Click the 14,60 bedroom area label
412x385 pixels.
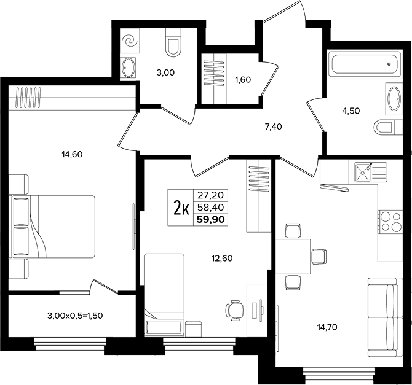click(x=72, y=154)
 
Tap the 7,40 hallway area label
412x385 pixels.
click(x=273, y=127)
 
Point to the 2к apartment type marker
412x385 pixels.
click(x=181, y=208)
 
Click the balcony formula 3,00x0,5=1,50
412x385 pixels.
click(x=75, y=316)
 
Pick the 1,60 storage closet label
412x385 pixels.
click(x=243, y=80)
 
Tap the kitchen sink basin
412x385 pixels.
click(x=363, y=172)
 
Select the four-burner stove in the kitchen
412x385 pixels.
click(x=390, y=222)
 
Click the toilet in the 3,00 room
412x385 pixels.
click(x=173, y=42)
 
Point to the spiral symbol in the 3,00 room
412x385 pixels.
click(x=130, y=42)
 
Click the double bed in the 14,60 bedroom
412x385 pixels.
click(x=52, y=227)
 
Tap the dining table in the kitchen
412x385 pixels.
click(x=293, y=257)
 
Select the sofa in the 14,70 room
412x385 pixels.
click(x=385, y=317)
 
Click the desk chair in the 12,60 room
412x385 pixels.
click(x=235, y=310)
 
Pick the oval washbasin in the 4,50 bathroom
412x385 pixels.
click(x=394, y=99)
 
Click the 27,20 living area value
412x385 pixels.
click(x=211, y=195)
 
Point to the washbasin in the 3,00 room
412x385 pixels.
click(x=129, y=68)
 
